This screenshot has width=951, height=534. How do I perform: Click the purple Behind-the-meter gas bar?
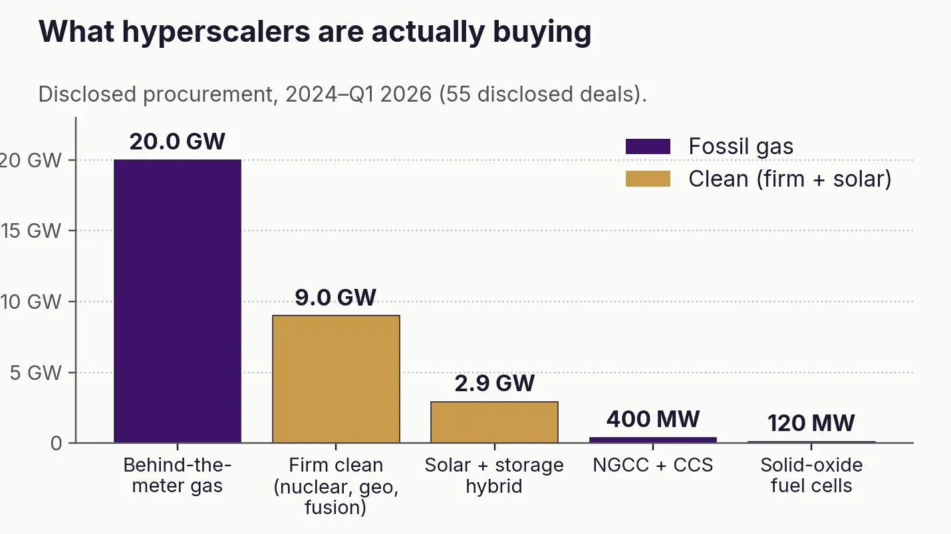(x=178, y=301)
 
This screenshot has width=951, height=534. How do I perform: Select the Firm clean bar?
(x=336, y=379)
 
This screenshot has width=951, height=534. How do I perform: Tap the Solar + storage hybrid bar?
(x=494, y=422)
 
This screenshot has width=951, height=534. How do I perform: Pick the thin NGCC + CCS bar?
(x=653, y=440)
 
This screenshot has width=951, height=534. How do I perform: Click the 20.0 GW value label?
(x=178, y=141)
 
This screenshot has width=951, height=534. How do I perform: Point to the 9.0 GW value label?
(x=335, y=298)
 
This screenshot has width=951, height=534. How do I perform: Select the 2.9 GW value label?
(x=495, y=383)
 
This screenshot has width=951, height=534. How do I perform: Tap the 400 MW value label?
(x=653, y=419)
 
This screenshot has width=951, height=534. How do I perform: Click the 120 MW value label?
(x=811, y=423)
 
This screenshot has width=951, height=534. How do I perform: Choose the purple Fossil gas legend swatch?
(x=648, y=146)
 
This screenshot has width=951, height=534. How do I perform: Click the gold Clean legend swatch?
(x=648, y=179)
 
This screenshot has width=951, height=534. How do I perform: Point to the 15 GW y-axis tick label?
(x=31, y=231)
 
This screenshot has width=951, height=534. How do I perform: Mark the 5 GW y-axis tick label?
(x=36, y=373)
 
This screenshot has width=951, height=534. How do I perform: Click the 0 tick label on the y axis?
(x=56, y=444)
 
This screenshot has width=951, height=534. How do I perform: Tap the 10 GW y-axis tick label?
(x=31, y=302)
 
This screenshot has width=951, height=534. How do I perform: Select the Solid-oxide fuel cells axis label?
(x=811, y=476)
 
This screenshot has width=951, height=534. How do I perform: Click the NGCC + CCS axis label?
(x=652, y=466)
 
